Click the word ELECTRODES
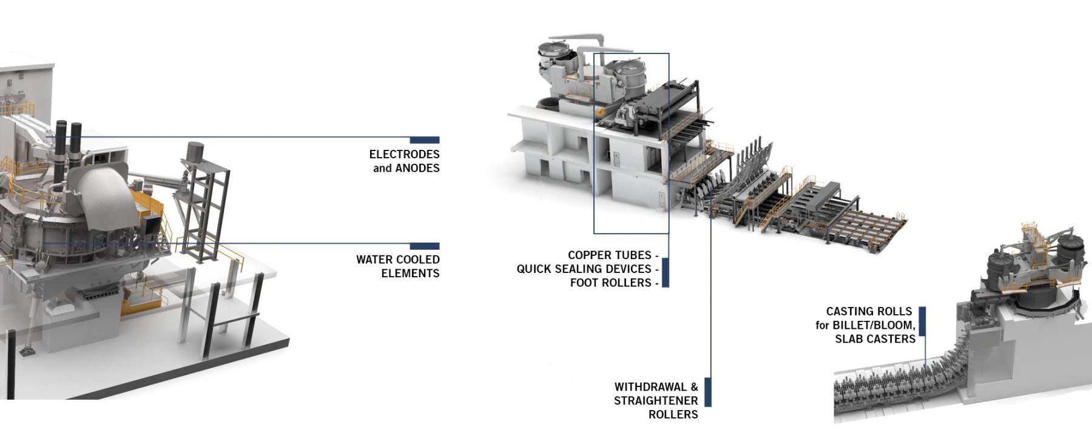click(x=404, y=154)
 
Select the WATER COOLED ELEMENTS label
click(x=398, y=266)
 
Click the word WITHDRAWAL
click(x=651, y=386)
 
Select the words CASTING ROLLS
click(x=869, y=311)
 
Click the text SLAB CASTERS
click(x=875, y=339)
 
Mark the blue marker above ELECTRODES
click(x=425, y=140)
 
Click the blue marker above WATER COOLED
click(x=425, y=246)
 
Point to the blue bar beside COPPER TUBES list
click(x=666, y=272)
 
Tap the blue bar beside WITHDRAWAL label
click(x=707, y=392)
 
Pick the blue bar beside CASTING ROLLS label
click(x=922, y=321)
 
